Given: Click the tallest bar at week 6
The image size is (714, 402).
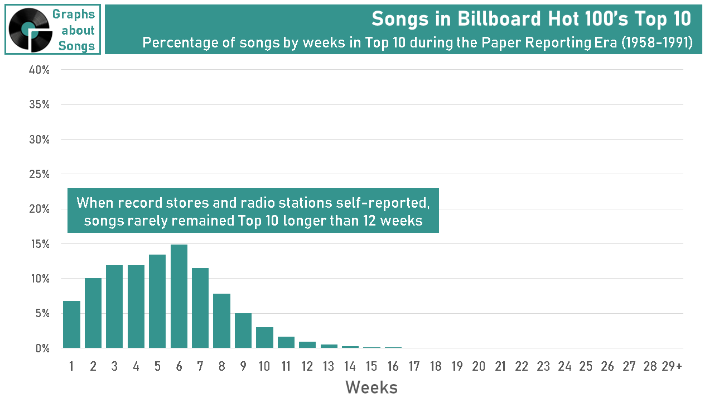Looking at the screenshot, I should pyautogui.click(x=178, y=296).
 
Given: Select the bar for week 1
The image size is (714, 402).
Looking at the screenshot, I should pyautogui.click(x=71, y=324).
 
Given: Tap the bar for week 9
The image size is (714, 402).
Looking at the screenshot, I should pyautogui.click(x=243, y=331).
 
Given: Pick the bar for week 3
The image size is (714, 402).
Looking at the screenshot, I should pyautogui.click(x=114, y=307).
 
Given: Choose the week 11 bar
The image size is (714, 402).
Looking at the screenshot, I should pyautogui.click(x=286, y=342).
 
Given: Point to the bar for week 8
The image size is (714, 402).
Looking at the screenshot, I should pyautogui.click(x=221, y=321).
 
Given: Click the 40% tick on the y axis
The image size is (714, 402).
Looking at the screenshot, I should pyautogui.click(x=39, y=70).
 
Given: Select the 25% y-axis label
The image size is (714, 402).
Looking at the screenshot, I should pyautogui.click(x=39, y=174).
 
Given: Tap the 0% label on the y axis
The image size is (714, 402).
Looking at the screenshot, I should pyautogui.click(x=42, y=348).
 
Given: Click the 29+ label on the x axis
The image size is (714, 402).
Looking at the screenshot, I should pyautogui.click(x=672, y=366).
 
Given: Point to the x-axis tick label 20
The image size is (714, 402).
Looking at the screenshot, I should pyautogui.click(x=479, y=366).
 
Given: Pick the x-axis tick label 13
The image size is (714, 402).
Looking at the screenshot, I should pyautogui.click(x=329, y=366).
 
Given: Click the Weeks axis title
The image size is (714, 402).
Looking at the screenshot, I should pyautogui.click(x=372, y=387).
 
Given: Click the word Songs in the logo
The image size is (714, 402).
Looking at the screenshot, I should pyautogui.click(x=76, y=46).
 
